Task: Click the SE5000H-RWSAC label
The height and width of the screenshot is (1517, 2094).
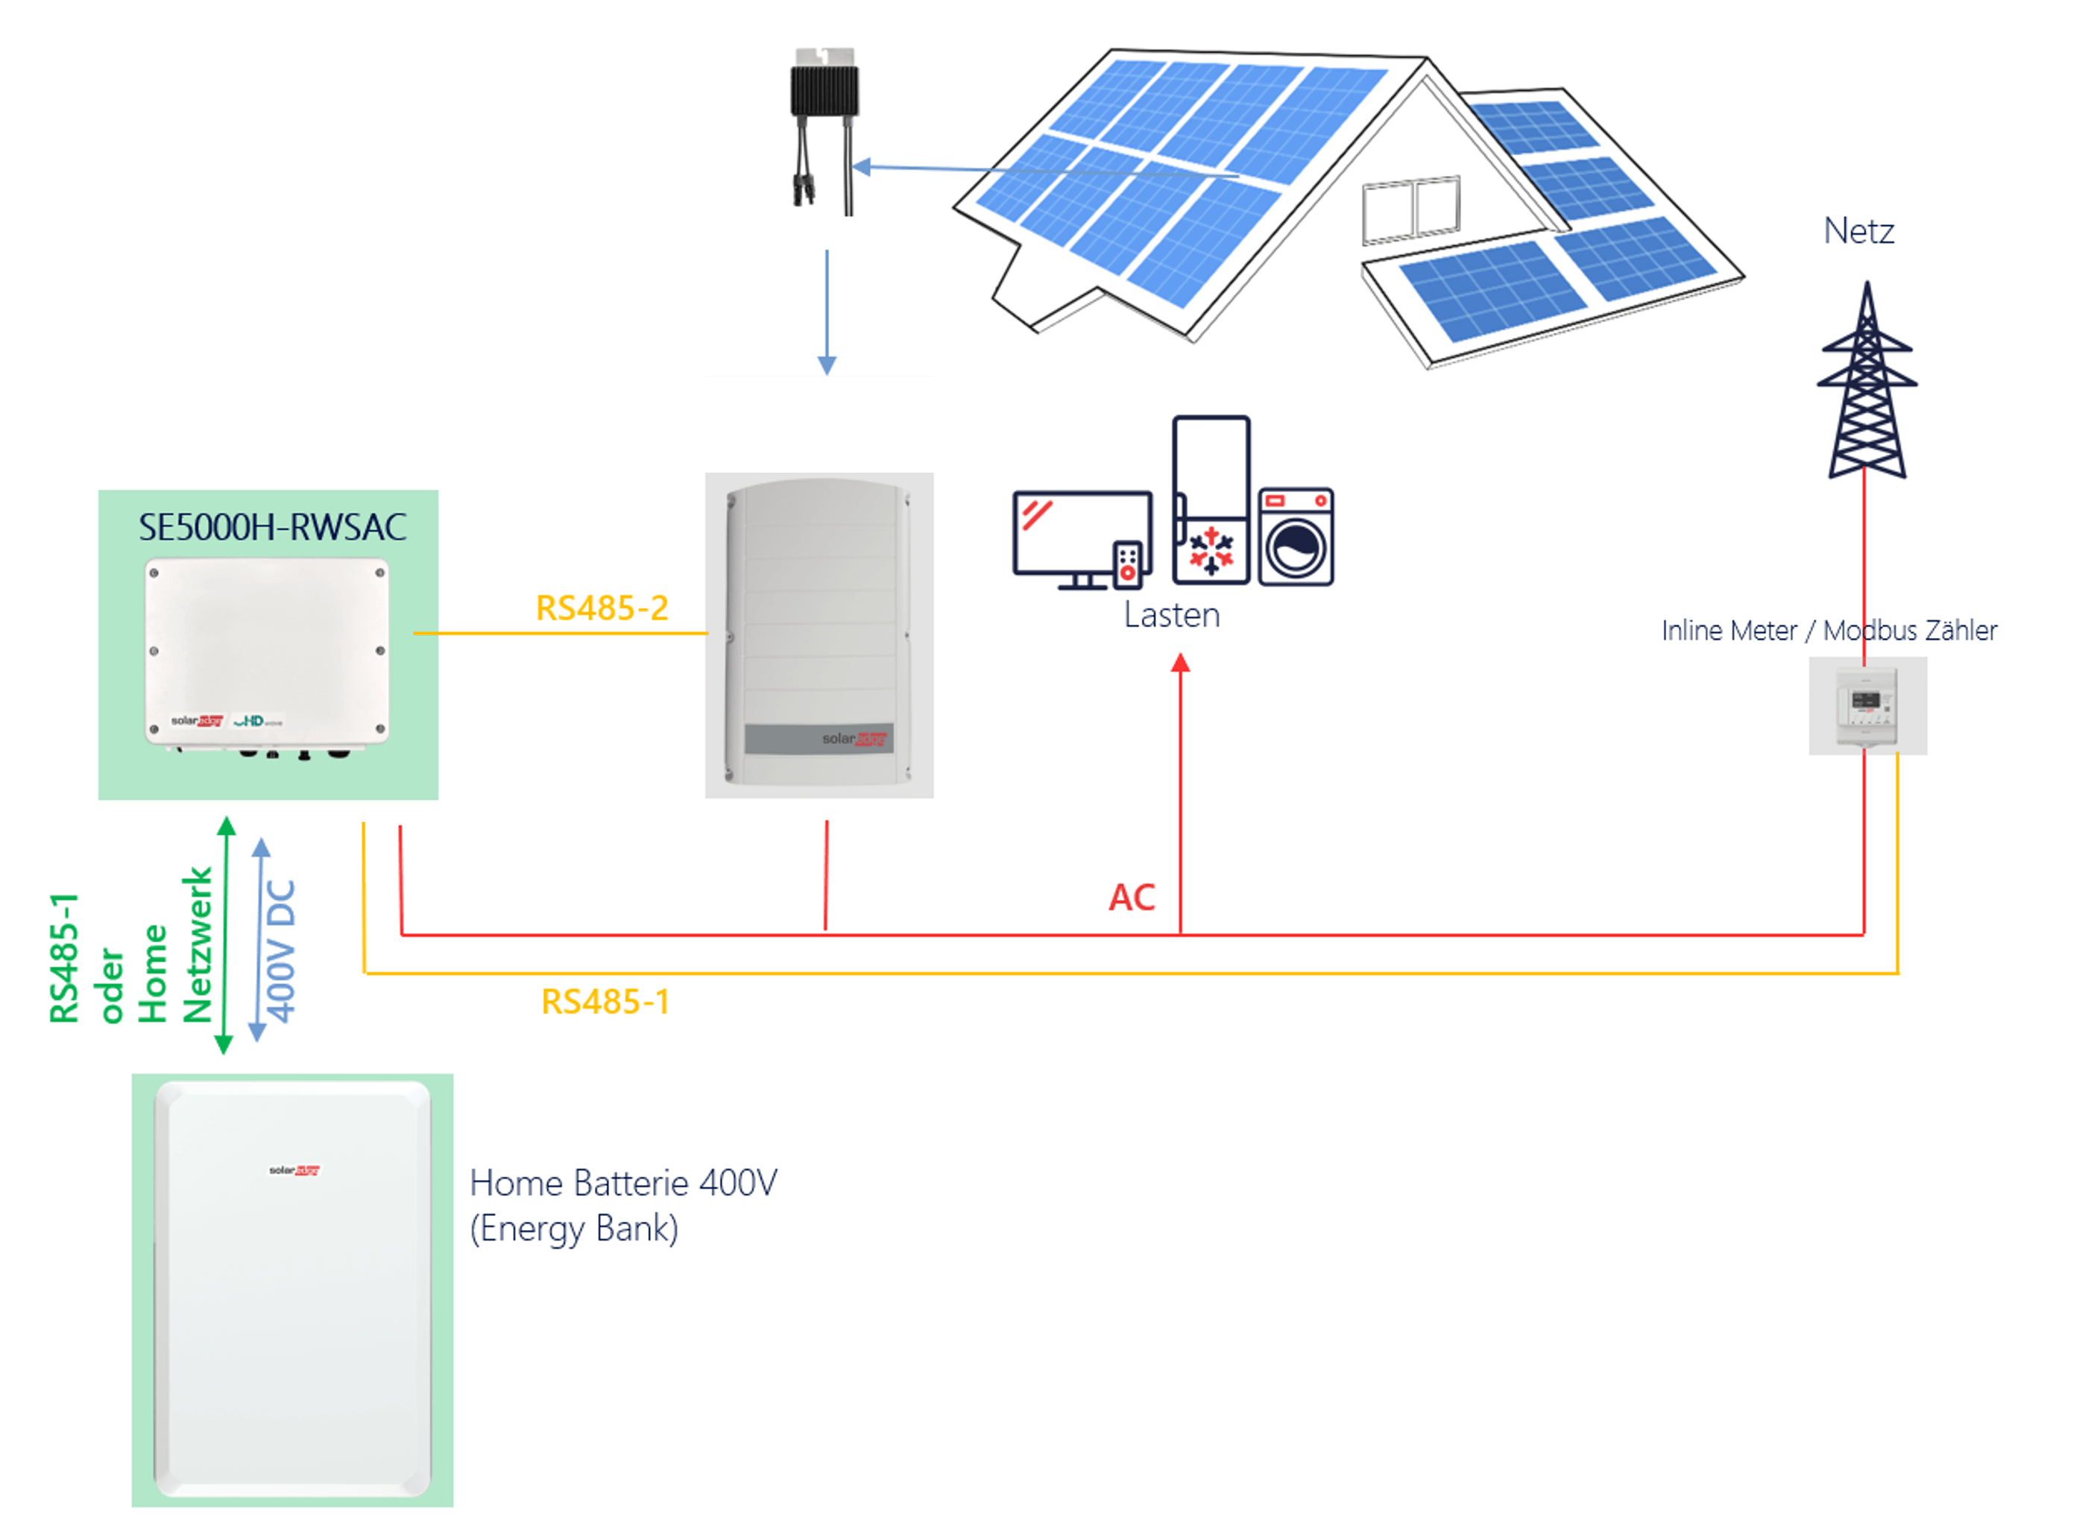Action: point(272,527)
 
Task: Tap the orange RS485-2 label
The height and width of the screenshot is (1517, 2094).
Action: point(602,608)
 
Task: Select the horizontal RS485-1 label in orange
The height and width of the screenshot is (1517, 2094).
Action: point(605,1002)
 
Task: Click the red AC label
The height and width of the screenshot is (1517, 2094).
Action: point(1132,898)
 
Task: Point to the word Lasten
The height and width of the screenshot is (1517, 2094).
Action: point(1172,615)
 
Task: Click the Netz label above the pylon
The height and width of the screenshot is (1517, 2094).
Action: point(1858,231)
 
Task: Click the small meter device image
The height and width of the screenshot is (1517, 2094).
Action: point(1867,705)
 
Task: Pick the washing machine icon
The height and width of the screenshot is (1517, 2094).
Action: point(1296,537)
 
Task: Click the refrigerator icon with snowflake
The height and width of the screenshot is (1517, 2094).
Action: point(1211,499)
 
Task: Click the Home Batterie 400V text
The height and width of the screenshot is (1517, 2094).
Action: point(624,1183)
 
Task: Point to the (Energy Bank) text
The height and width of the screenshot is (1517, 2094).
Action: point(574,1229)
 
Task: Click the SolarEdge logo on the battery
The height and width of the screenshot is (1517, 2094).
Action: point(294,1170)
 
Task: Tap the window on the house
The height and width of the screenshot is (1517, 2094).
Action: point(1410,209)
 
